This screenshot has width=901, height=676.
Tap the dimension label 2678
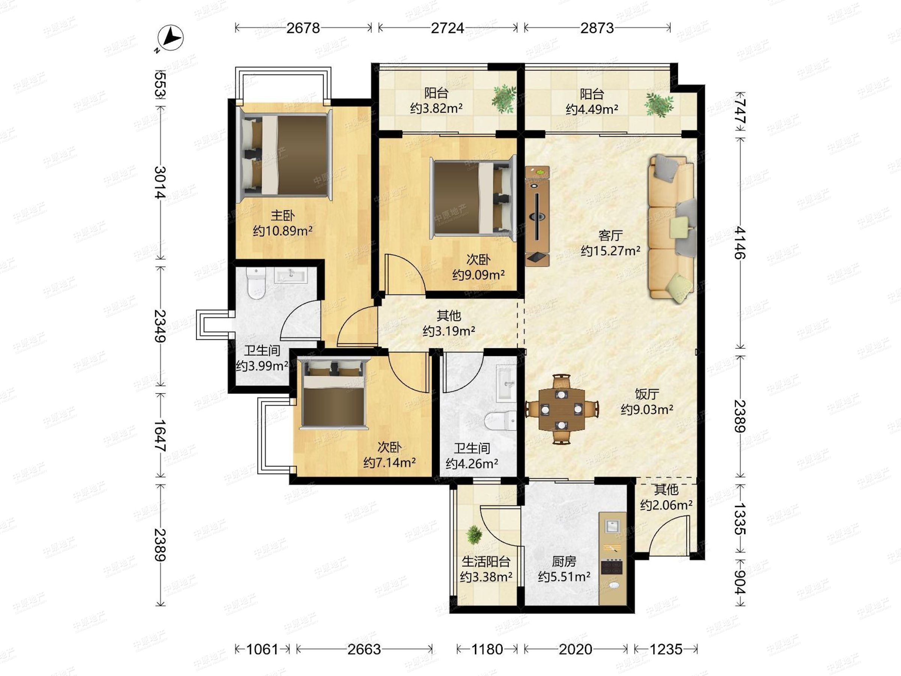coord(303,28)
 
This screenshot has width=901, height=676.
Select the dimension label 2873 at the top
coord(597,28)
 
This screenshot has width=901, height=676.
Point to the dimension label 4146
coord(740,243)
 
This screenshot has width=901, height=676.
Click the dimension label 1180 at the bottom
coord(487,649)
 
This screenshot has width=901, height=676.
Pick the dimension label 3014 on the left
coord(160,182)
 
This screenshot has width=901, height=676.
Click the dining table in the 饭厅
coord(562,409)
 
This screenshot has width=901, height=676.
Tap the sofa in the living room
coord(672,229)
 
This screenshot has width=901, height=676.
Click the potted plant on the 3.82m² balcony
coord(504,99)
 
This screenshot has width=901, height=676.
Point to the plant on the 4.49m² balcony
coord(658,104)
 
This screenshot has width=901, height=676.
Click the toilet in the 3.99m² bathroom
coord(256,283)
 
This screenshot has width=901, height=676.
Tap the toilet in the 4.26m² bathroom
coord(500,420)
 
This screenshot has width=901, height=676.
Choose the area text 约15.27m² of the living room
coord(610,250)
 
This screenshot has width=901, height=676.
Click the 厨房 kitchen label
coord(564,562)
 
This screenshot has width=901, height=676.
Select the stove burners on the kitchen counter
coord(612,566)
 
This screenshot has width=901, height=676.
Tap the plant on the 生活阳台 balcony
coord(474,535)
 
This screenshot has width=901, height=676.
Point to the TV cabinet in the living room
coord(537,216)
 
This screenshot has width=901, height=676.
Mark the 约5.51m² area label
coord(564,577)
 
